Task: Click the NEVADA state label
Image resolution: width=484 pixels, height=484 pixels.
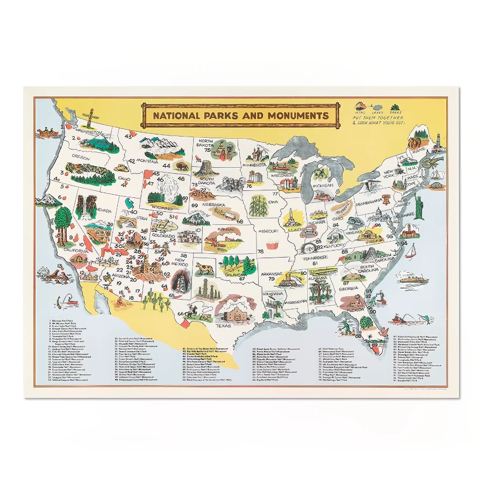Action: click(x=103, y=211)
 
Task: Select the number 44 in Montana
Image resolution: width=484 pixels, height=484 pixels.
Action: click(x=166, y=166)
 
